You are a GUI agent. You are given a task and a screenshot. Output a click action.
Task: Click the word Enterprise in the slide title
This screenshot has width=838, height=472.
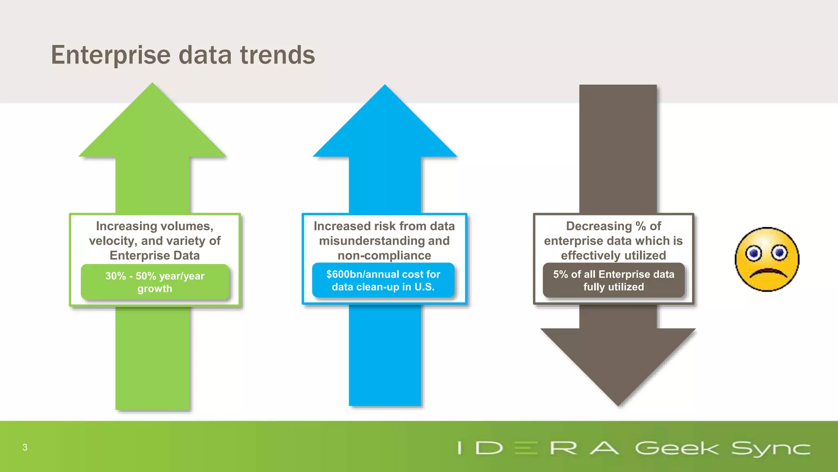(x=110, y=55)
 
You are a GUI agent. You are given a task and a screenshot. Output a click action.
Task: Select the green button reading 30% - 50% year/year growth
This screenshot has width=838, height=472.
(x=155, y=282)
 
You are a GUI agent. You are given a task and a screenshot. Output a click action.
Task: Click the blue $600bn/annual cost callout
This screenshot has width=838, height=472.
(x=383, y=280)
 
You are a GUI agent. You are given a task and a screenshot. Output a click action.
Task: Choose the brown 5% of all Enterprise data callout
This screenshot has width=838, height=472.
(x=613, y=280)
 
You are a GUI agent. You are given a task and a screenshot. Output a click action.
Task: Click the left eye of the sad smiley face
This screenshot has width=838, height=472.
(x=753, y=253)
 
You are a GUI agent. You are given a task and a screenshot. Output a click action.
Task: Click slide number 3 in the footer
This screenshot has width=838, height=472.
(x=25, y=447)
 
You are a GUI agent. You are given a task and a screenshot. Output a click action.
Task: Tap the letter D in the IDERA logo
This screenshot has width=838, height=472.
(x=489, y=448)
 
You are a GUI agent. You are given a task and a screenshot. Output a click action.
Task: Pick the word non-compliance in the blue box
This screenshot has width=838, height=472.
(x=384, y=256)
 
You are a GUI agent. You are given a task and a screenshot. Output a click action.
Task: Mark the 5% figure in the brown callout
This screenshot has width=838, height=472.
(x=560, y=274)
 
